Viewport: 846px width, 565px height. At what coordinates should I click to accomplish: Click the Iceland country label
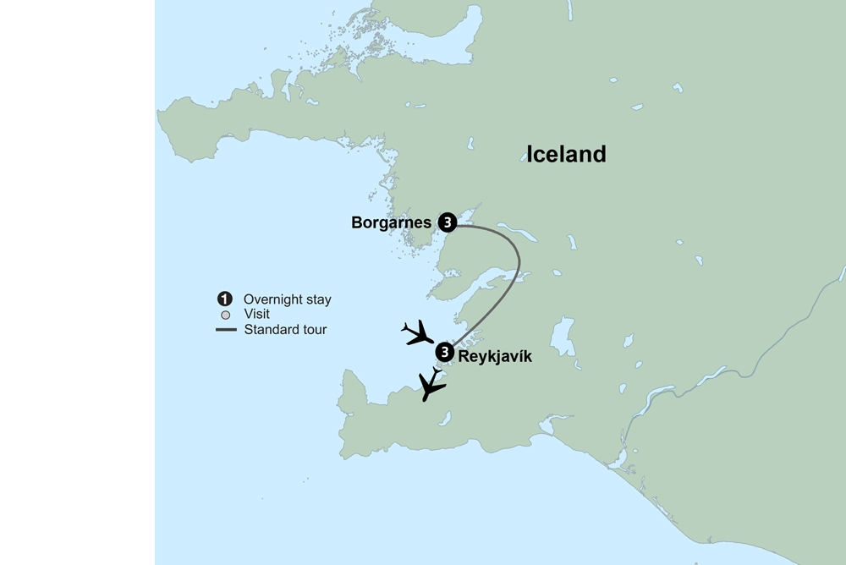[x=566, y=154]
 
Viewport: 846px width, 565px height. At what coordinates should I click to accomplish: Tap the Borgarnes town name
[x=392, y=223]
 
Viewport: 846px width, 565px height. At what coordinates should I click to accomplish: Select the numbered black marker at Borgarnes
[x=447, y=223]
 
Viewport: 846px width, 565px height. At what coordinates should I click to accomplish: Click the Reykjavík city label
[x=495, y=357]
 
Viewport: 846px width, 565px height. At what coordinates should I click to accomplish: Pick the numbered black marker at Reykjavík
[x=444, y=352]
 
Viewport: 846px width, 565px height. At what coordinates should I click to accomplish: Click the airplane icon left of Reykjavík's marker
[x=417, y=333]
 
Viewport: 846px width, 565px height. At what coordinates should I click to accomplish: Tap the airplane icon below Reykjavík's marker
[x=432, y=387]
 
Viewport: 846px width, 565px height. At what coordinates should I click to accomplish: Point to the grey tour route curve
[x=517, y=262]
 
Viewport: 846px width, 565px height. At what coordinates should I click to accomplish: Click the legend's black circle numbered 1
[x=224, y=299]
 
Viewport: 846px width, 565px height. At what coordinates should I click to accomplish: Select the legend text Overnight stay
[x=287, y=299]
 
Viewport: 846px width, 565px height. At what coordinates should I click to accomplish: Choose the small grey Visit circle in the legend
[x=225, y=315]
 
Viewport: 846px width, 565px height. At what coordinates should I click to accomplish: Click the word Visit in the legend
[x=256, y=315]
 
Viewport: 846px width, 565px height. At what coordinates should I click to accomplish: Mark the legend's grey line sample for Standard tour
[x=226, y=330]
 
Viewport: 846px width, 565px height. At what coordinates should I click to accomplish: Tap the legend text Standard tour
[x=285, y=330]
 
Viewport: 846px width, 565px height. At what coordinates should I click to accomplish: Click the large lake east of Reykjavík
[x=562, y=338]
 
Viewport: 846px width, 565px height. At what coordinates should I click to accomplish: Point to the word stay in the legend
[x=317, y=299]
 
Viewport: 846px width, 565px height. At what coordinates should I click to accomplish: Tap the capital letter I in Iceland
[x=530, y=154]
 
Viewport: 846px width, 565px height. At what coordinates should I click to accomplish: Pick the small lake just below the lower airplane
[x=447, y=416]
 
